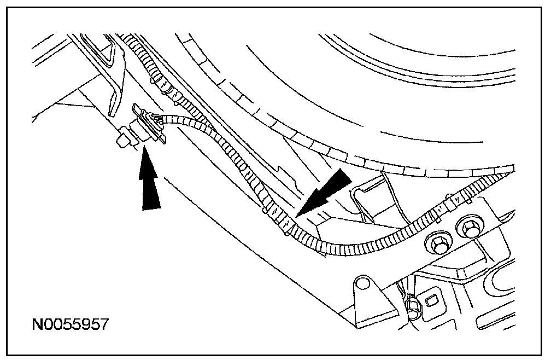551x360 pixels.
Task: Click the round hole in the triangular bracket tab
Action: tap(361, 284)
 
